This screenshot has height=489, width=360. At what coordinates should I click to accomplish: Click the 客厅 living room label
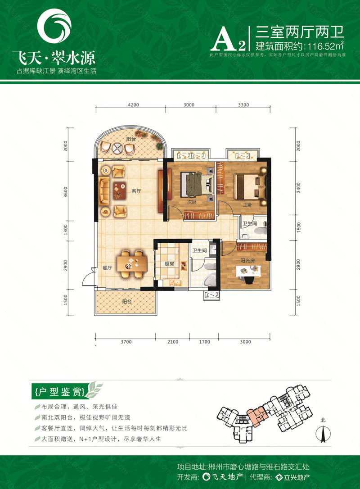coord(136,191)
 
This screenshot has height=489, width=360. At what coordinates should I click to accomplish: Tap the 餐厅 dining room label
coord(107,267)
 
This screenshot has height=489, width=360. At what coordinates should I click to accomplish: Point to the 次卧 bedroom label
coord(192,202)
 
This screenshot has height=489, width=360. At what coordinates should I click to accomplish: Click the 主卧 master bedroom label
coord(246,205)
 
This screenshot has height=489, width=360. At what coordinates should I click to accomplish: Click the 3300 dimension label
coord(243,104)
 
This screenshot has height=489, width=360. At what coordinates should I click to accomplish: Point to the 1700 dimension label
coord(204,342)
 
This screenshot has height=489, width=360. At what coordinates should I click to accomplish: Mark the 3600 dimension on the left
coord(66,191)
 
